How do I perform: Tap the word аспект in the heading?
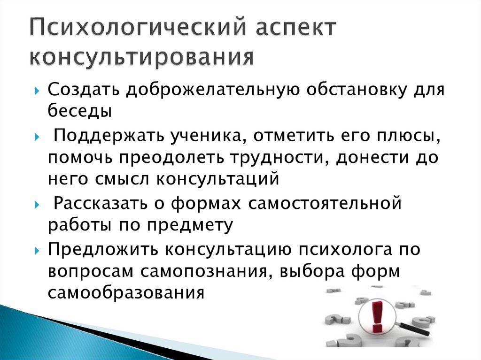point(289,30)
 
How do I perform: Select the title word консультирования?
point(141,57)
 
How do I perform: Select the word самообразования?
point(126,293)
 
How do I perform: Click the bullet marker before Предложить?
point(38,250)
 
